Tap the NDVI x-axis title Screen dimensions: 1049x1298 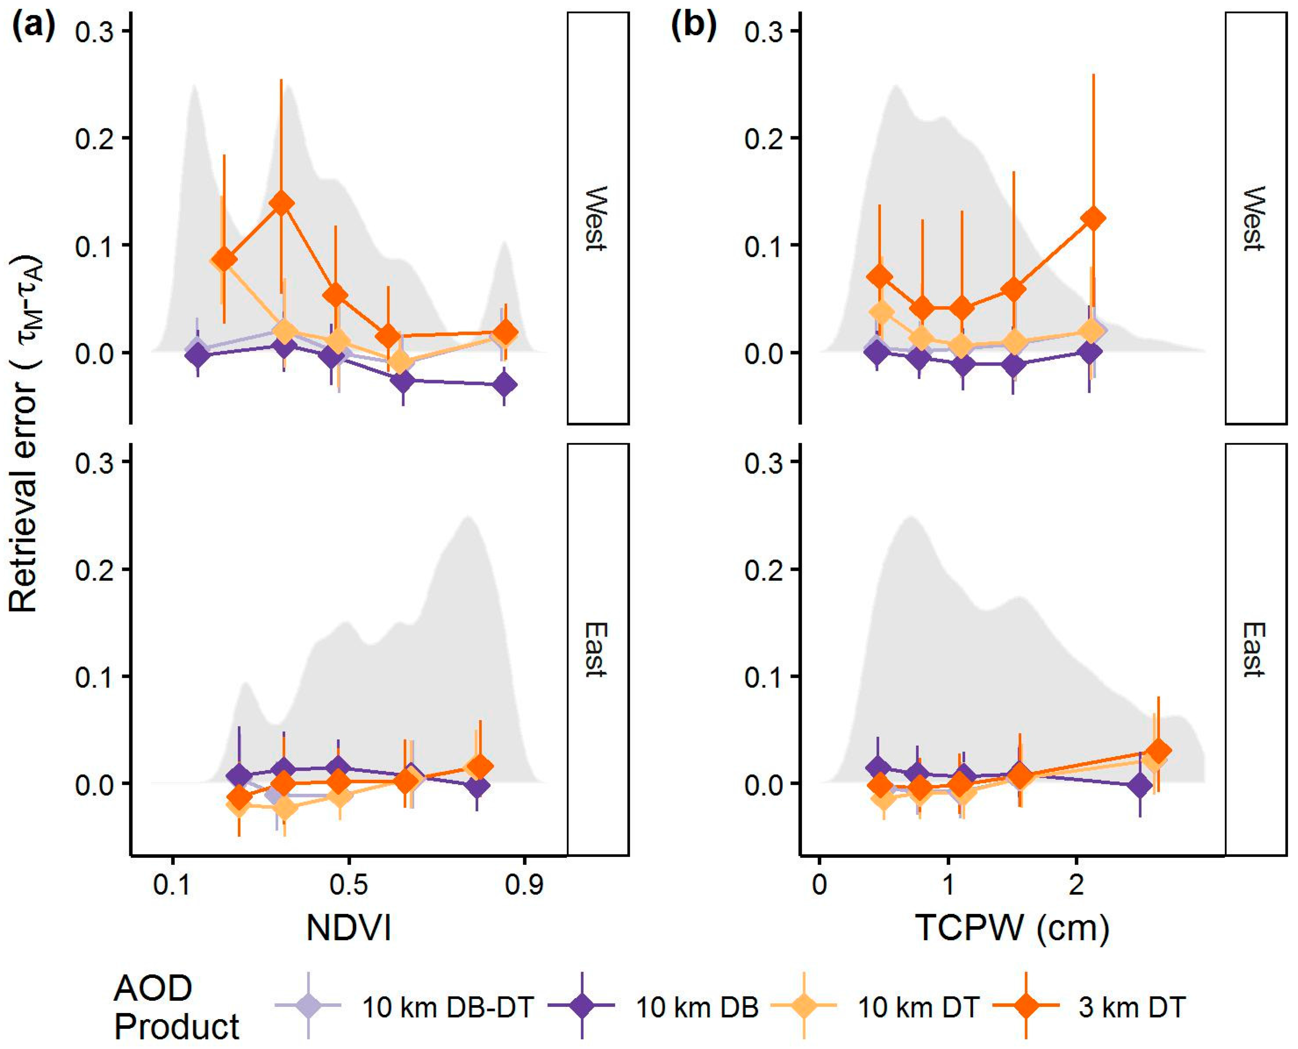point(349,928)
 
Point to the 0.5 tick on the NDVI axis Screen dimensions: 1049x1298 point(348,885)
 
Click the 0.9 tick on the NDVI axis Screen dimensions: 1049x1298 point(524,885)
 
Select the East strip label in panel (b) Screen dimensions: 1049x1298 point(1255,650)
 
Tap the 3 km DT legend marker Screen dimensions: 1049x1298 point(1026,1006)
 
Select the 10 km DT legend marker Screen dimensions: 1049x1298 point(804,1006)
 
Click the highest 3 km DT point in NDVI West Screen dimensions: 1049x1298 point(281,204)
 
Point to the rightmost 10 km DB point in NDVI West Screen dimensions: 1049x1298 point(504,384)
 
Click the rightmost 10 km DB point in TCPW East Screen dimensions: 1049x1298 point(1140,786)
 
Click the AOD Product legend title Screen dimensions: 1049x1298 point(176,1007)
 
